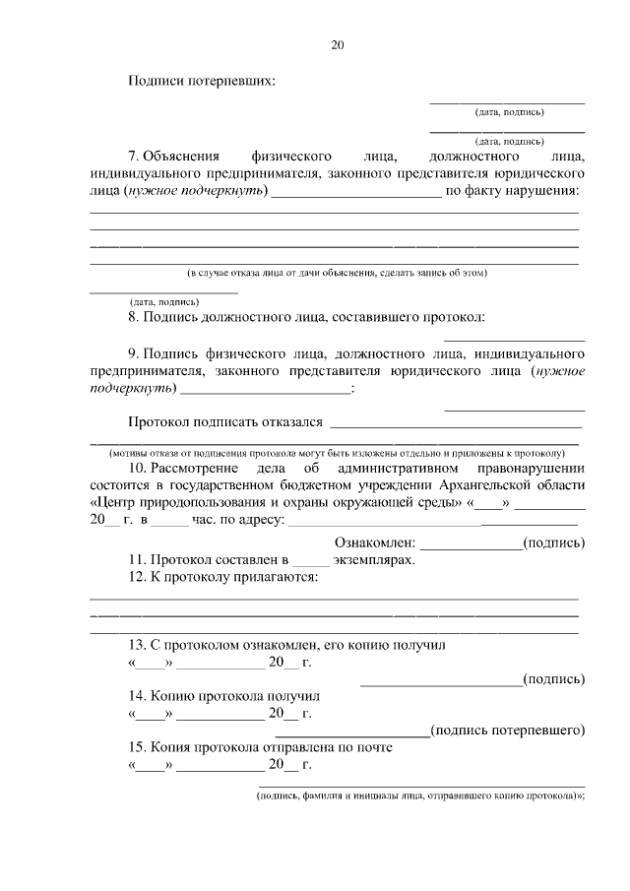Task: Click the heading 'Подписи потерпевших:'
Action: tap(202, 81)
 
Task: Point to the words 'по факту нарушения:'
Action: tap(512, 190)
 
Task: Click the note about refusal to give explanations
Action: tap(338, 272)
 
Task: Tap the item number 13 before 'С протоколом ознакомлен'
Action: tap(137, 645)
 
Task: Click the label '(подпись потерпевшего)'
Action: tap(509, 730)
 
